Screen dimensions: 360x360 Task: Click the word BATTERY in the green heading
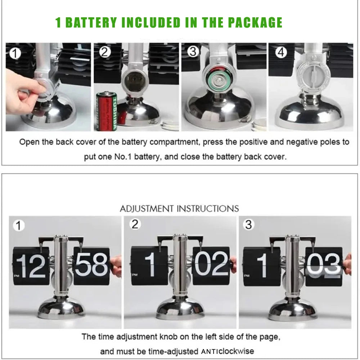click(91, 22)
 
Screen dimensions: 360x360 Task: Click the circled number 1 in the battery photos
click(15, 53)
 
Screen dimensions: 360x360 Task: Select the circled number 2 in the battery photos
click(105, 52)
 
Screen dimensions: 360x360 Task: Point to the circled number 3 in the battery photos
click(193, 51)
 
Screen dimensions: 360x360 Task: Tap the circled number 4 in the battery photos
click(281, 52)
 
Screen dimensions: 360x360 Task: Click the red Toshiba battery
click(107, 111)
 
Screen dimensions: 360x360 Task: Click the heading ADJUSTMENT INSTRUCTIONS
click(179, 209)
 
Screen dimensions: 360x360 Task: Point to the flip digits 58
click(91, 265)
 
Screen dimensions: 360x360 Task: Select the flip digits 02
click(211, 264)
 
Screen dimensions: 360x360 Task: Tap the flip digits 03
click(324, 265)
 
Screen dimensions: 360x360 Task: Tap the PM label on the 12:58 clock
click(17, 275)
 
